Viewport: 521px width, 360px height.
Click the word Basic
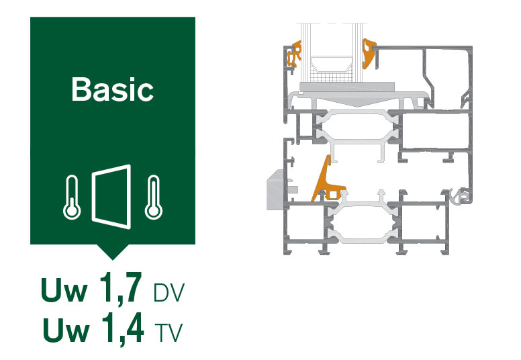click(x=113, y=89)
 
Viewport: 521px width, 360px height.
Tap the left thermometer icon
click(x=72, y=197)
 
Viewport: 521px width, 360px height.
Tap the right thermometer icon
click(x=154, y=197)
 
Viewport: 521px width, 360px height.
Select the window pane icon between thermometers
click(x=111, y=197)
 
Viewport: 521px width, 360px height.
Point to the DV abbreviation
click(x=169, y=293)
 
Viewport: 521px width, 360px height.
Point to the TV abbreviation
click(x=169, y=332)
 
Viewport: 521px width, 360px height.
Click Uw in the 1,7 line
click(x=64, y=289)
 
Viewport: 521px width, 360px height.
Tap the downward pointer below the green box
click(x=113, y=252)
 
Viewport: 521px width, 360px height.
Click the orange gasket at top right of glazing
click(x=368, y=53)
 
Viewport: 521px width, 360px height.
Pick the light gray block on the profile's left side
click(x=275, y=190)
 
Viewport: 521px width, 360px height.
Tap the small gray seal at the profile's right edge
click(x=461, y=195)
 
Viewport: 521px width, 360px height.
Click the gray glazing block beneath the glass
click(x=347, y=87)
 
